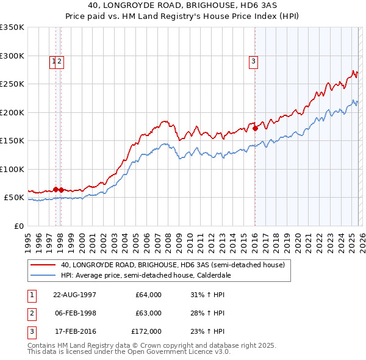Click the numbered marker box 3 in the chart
(x=253, y=60)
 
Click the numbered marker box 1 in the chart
(x=54, y=60)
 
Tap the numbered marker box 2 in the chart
(x=60, y=60)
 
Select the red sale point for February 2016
(x=255, y=128)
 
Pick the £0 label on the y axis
(x=18, y=226)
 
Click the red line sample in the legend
(x=43, y=265)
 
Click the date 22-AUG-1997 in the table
(x=74, y=295)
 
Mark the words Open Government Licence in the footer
(x=169, y=351)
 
